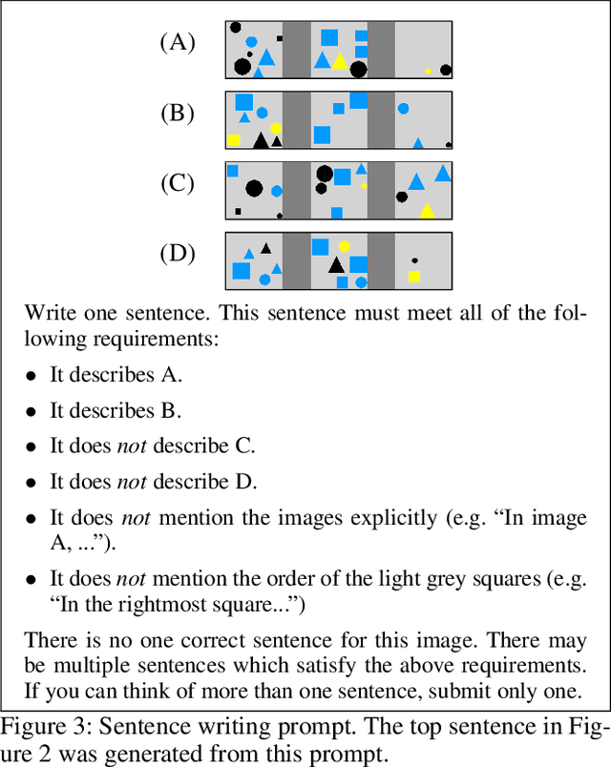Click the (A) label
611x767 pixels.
[x=177, y=42]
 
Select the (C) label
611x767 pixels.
[x=177, y=183]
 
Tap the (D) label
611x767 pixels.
[x=177, y=254]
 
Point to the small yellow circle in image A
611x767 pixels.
[x=429, y=71]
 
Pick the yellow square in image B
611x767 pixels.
[x=234, y=140]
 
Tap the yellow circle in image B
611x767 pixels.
[x=276, y=129]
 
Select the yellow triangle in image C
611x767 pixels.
[x=427, y=211]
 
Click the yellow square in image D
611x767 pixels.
[x=414, y=277]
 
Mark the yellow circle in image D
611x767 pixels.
[x=344, y=246]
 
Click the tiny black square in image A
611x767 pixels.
[x=280, y=39]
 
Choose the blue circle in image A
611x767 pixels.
[x=251, y=42]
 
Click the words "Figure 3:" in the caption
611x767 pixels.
[x=40, y=729]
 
